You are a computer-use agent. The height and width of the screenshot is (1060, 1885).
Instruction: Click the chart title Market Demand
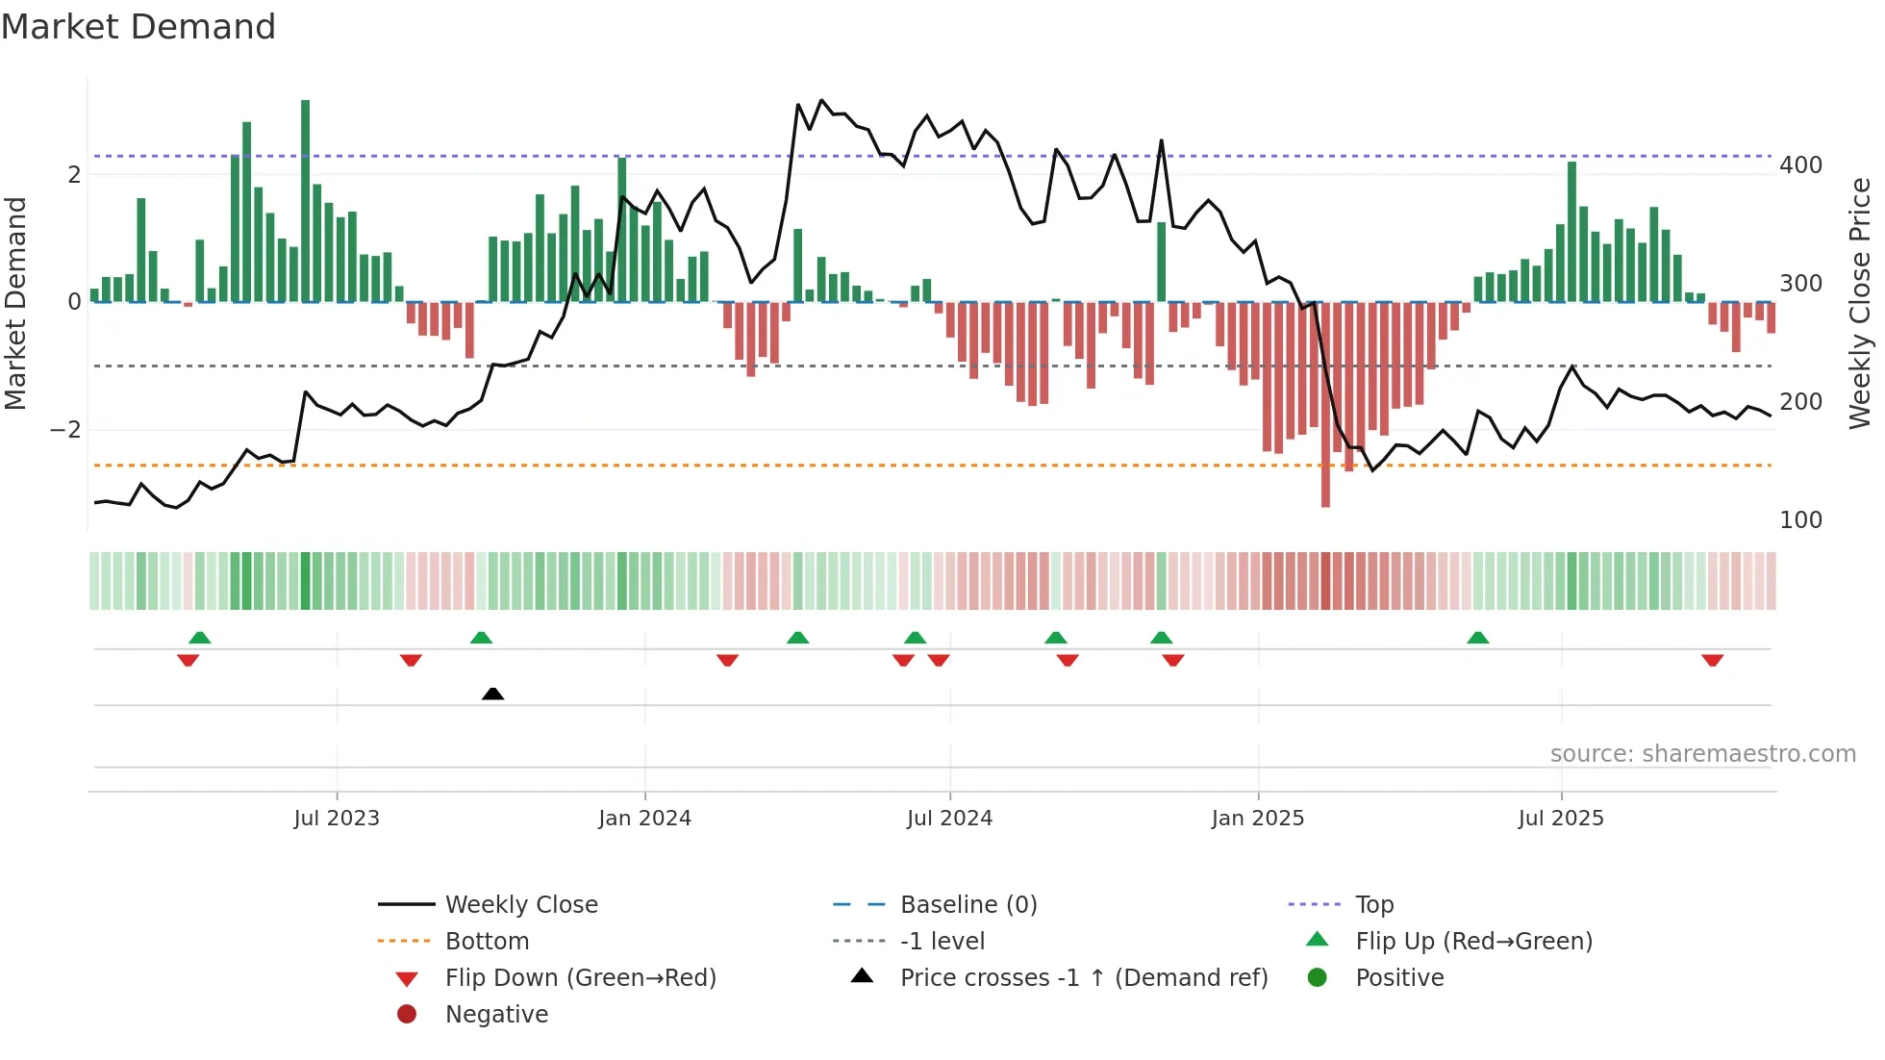click(x=138, y=27)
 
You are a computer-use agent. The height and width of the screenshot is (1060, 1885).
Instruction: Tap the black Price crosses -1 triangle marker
click(x=492, y=694)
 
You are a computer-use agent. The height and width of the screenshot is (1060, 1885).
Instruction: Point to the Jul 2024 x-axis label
click(x=949, y=819)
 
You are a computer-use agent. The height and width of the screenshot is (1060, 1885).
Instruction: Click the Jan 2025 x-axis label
click(x=1257, y=819)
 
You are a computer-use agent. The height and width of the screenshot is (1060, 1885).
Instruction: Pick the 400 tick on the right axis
click(x=1800, y=165)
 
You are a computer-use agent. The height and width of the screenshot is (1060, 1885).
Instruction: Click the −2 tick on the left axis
click(x=65, y=430)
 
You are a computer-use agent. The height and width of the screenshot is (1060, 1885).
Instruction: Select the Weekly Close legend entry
click(x=520, y=905)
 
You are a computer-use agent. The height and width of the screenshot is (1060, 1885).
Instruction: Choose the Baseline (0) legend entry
click(x=968, y=905)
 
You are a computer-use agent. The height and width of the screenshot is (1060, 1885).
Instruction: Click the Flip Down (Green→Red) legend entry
click(x=580, y=978)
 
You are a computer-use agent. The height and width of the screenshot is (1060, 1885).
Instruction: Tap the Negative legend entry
click(x=496, y=1015)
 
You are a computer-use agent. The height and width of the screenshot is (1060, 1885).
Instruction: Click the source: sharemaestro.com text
click(x=1702, y=754)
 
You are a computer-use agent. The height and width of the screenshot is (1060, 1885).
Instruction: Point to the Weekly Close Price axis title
click(x=1860, y=303)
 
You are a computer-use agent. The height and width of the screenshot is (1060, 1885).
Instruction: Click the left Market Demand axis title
click(x=16, y=303)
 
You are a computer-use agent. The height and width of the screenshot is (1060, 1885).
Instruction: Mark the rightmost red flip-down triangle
click(x=1712, y=660)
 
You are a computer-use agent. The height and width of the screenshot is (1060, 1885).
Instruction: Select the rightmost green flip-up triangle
click(x=1478, y=638)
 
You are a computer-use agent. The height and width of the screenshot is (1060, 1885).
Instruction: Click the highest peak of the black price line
click(x=821, y=100)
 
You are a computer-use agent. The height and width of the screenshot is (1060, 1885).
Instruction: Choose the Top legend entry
click(x=1373, y=905)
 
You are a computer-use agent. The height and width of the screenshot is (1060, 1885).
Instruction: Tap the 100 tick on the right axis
click(x=1800, y=520)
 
